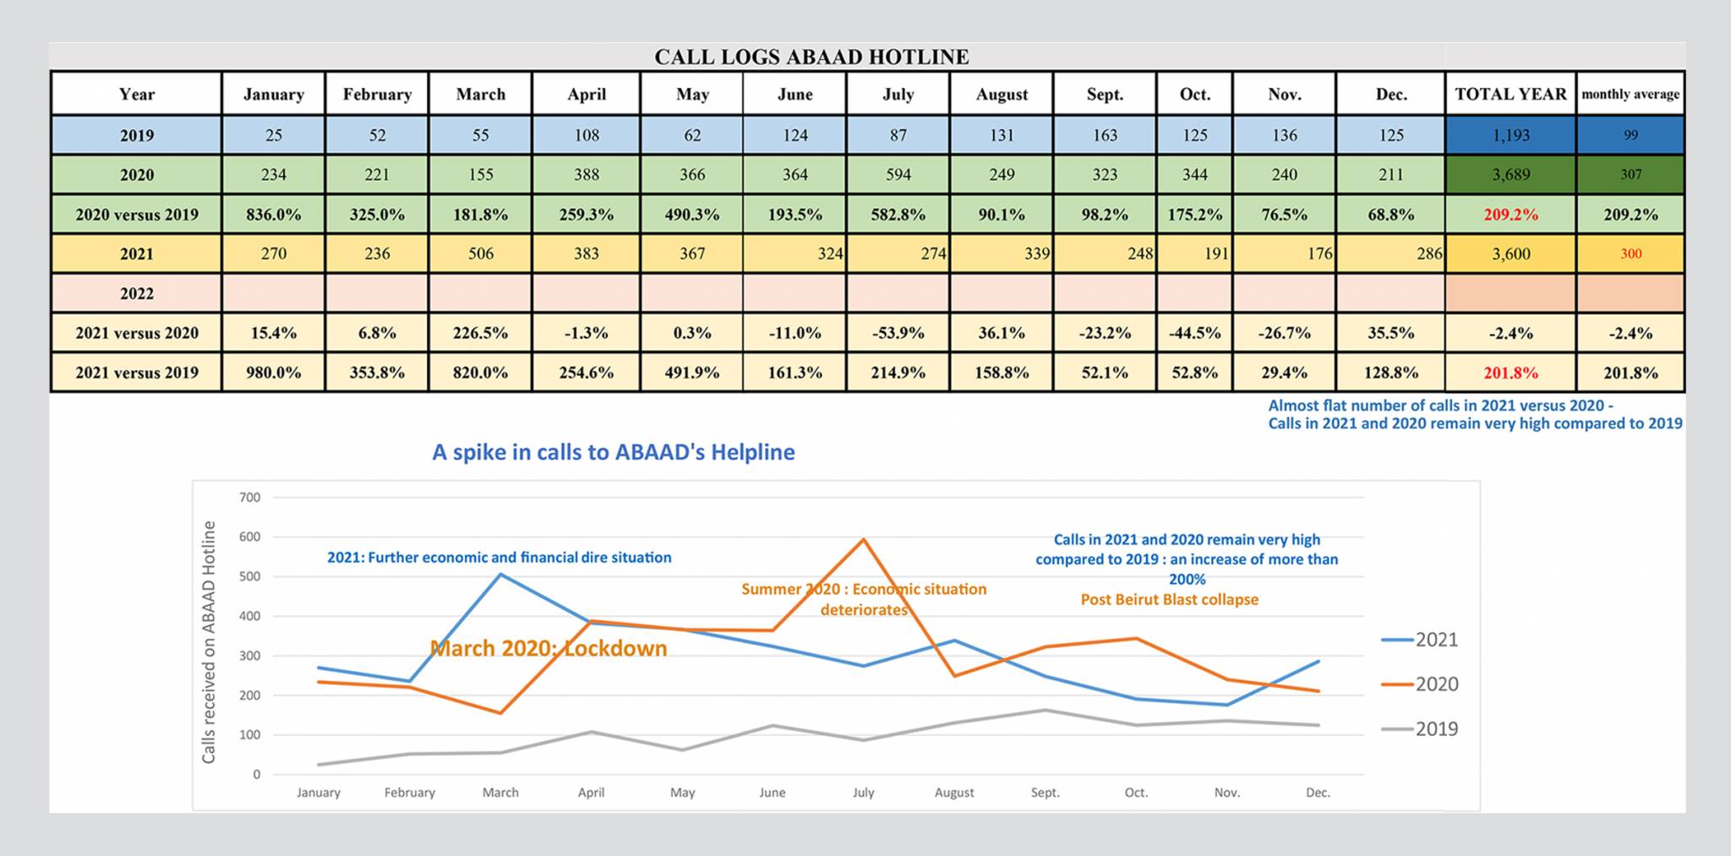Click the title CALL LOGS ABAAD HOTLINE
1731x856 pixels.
811,57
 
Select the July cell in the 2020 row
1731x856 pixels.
898,174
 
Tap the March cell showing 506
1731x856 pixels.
480,254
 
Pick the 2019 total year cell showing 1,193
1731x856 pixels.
1510,135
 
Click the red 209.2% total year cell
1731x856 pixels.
1510,215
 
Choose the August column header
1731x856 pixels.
1002,94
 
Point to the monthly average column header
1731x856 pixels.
1630,94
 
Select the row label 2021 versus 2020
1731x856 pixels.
137,333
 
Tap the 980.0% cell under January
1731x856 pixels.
273,373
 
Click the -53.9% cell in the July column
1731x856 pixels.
898,333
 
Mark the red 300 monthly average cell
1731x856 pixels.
1630,254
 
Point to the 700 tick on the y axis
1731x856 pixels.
250,498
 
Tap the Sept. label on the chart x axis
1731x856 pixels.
1045,793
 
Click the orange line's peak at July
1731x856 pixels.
863,539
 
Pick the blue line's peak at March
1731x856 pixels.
500,575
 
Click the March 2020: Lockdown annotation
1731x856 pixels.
549,648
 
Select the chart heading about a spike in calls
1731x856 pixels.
614,452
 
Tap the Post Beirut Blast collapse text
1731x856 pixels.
1170,600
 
